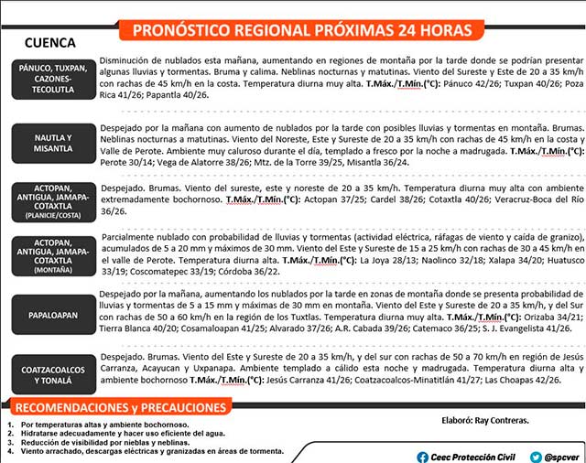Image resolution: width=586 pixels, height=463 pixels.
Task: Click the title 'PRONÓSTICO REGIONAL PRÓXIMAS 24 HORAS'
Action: tap(302, 30)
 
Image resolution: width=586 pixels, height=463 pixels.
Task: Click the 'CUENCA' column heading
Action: tap(50, 43)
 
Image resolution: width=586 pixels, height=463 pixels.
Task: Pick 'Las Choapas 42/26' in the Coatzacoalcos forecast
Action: tap(526, 380)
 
